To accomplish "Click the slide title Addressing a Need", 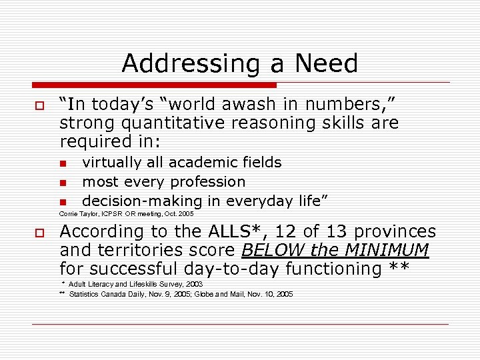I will [240, 63].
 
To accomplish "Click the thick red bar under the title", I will [154, 85].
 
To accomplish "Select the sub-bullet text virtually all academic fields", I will [181, 163].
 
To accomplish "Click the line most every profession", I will [163, 182].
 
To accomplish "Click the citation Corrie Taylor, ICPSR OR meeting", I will [126, 214].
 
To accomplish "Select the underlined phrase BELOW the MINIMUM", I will [335, 251].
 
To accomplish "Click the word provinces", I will [395, 232].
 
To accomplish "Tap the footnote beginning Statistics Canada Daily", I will [180, 294].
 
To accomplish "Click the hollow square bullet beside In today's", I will [39, 107].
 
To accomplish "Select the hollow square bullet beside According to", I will [39, 233].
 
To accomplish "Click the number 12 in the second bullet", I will [287, 232].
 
